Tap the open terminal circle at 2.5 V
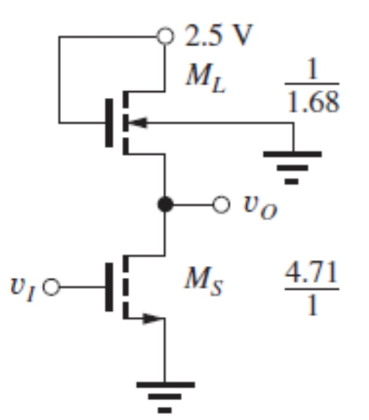[x=165, y=37]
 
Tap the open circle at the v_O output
[x=221, y=205]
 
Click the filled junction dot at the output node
[x=165, y=205]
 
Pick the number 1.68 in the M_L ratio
[x=311, y=103]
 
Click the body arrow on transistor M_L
[x=138, y=123]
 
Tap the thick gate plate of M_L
[x=109, y=123]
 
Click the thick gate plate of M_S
[x=109, y=287]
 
